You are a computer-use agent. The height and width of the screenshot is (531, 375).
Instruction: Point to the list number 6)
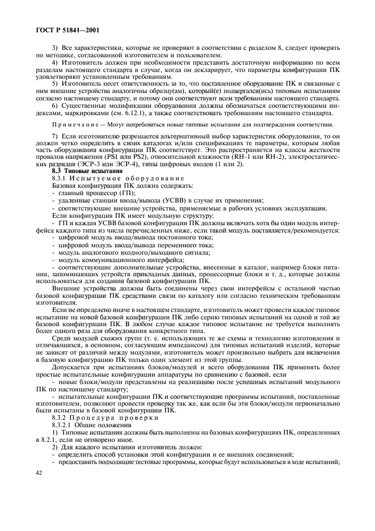click(x=55, y=106)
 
